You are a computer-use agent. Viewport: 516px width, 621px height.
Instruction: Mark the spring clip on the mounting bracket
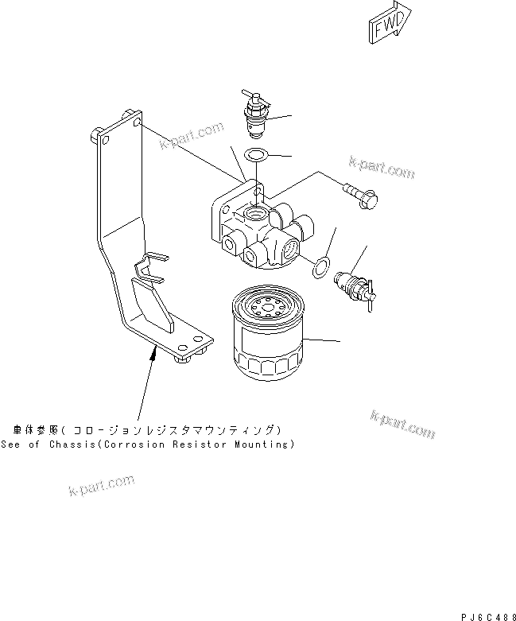click(x=151, y=267)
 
